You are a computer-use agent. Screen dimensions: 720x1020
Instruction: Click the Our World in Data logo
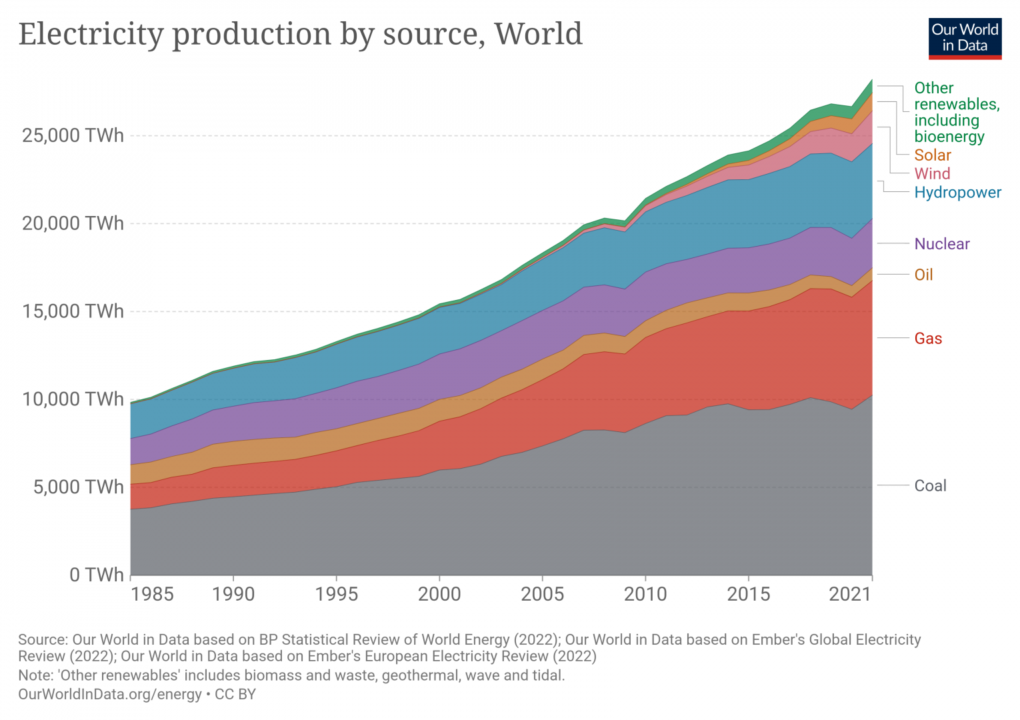[965, 38]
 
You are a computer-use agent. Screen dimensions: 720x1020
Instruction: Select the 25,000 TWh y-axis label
[73, 135]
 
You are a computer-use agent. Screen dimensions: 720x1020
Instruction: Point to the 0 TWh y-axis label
[97, 574]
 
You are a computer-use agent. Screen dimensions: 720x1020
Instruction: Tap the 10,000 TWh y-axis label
[73, 399]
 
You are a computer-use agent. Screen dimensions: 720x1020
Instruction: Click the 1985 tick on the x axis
[152, 593]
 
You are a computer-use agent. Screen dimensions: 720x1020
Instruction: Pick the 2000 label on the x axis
[439, 593]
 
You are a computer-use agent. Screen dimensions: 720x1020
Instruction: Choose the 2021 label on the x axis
[850, 593]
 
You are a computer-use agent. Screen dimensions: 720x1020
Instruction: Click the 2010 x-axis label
[645, 593]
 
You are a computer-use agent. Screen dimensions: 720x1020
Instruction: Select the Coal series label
[930, 485]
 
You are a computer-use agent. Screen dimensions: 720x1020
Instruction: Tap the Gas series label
[928, 338]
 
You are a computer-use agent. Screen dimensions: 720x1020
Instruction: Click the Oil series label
[923, 275]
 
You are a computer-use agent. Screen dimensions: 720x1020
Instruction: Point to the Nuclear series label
[941, 244]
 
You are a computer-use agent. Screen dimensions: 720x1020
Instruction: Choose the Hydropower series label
[957, 193]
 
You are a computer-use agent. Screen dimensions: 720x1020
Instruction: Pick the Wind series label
[932, 174]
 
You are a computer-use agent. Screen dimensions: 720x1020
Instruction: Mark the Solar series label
[932, 155]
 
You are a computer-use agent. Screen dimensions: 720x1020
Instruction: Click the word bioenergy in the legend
[949, 137]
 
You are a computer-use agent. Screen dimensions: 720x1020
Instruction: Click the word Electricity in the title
[91, 34]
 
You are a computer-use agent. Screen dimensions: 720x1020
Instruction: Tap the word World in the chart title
[538, 34]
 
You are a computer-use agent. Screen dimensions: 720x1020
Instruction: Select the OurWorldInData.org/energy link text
[109, 694]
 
